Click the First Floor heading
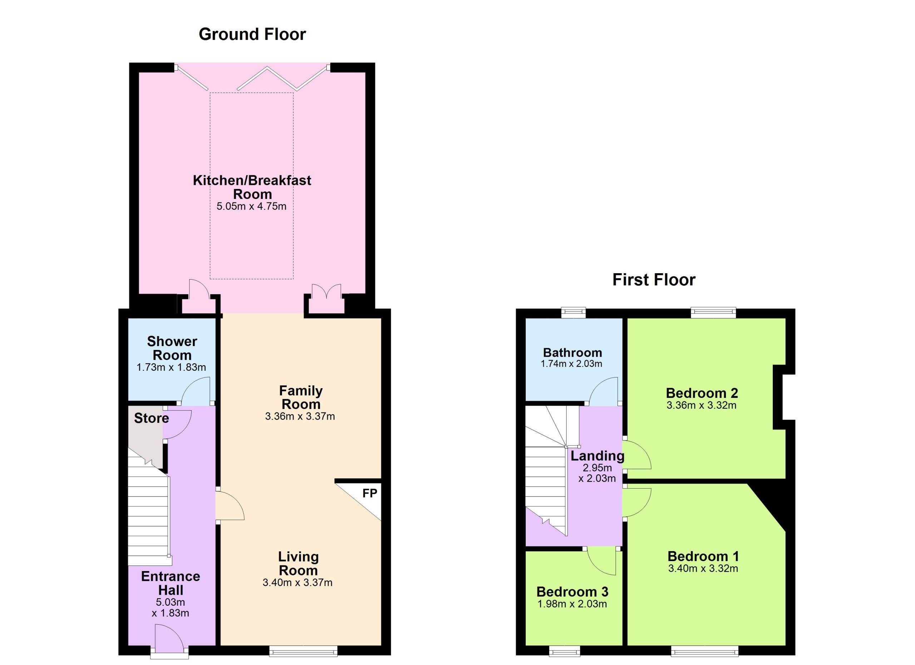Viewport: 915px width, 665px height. click(x=654, y=280)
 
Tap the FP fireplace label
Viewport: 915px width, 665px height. click(x=370, y=493)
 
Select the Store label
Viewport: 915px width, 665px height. click(x=151, y=418)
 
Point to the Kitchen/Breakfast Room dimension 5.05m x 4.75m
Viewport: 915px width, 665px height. click(x=251, y=206)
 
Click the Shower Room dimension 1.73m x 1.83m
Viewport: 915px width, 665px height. click(x=171, y=367)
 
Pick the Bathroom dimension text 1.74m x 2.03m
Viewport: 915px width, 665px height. click(x=571, y=364)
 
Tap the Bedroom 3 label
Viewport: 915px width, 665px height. click(x=572, y=592)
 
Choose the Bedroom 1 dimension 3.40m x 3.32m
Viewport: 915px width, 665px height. click(x=703, y=569)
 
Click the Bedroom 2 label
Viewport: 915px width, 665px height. click(x=702, y=393)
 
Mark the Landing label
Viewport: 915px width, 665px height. click(x=598, y=456)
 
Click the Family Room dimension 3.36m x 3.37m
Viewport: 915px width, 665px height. click(x=300, y=416)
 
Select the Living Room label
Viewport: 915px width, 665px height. click(x=298, y=564)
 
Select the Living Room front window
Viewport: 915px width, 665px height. click(x=303, y=650)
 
